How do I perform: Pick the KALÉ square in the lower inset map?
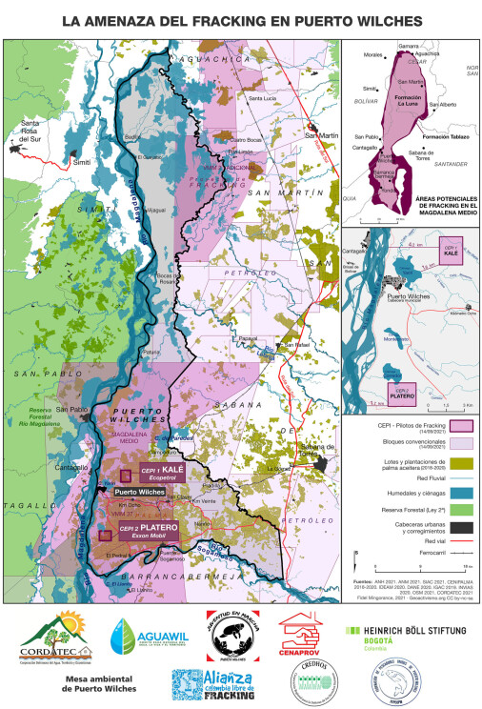pyautogui.click(x=452, y=254)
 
